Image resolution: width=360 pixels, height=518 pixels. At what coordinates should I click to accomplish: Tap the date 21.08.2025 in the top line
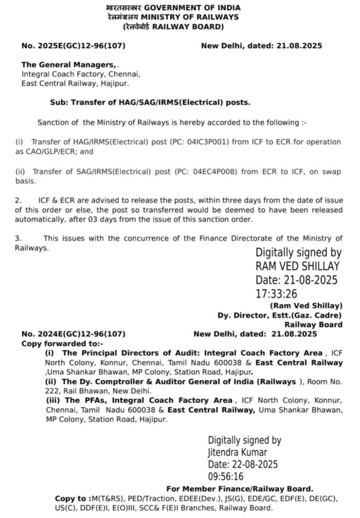299,46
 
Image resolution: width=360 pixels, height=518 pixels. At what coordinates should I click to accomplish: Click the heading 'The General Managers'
68,65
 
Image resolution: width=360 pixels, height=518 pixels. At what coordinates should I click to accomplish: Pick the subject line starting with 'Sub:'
150,102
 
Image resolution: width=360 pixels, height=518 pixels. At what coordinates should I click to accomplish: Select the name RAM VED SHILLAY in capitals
297,266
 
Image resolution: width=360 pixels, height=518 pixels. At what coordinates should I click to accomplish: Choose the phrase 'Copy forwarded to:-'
55,343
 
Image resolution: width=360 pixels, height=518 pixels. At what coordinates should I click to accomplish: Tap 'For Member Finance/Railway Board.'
239,489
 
